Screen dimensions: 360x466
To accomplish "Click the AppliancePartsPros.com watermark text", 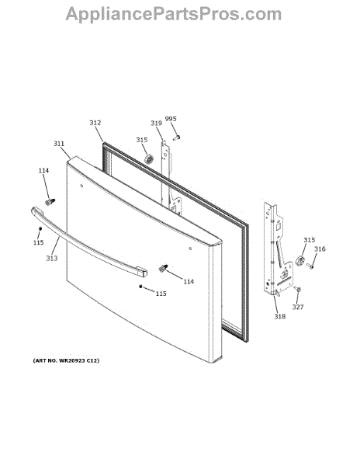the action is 174,14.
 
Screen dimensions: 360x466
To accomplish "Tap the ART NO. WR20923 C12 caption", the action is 66,360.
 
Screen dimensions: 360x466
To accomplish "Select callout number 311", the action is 59,144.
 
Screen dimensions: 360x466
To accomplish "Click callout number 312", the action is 95,123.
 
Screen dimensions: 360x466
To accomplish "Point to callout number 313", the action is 52,259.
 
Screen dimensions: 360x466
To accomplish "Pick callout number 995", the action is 171,119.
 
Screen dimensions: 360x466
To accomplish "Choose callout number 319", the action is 156,123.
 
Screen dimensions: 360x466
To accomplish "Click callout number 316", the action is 320,249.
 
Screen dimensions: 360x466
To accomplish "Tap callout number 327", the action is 298,307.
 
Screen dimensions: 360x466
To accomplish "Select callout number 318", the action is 279,317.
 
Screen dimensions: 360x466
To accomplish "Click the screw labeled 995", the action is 177,137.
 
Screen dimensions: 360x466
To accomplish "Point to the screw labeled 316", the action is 310,266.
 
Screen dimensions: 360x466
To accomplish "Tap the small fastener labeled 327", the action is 297,289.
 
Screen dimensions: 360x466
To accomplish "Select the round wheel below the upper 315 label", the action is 148,159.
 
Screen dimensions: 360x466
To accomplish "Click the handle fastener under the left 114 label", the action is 50,202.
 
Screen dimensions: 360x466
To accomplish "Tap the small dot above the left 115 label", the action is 40,228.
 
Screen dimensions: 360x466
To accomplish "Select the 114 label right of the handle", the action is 189,281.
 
